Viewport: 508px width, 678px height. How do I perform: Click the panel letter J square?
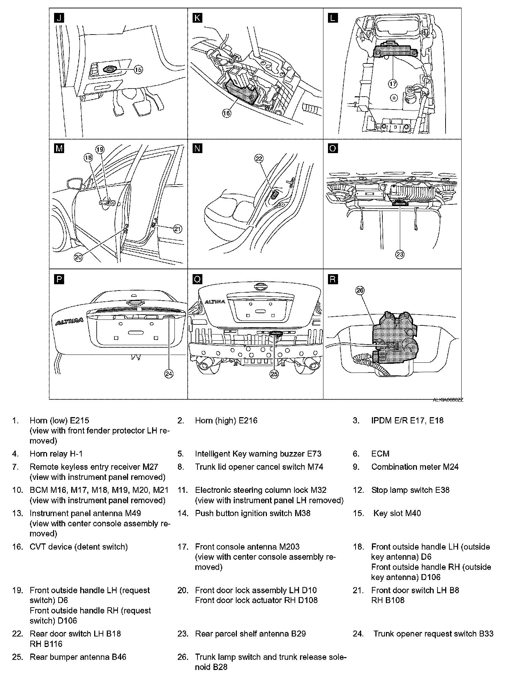click(59, 18)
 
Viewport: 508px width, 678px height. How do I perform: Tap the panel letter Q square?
click(197, 279)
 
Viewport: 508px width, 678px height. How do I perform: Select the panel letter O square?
click(333, 149)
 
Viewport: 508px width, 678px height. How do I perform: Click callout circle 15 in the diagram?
click(139, 70)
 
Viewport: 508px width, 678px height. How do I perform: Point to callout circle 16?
click(227, 113)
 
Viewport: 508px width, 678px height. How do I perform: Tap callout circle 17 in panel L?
click(393, 84)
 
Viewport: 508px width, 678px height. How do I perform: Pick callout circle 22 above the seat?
click(259, 159)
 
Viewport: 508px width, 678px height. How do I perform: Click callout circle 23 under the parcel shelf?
click(400, 254)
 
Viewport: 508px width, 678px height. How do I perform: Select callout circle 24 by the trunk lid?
click(169, 374)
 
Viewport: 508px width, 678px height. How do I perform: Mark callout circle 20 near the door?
click(78, 257)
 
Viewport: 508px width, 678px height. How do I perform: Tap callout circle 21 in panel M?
click(178, 229)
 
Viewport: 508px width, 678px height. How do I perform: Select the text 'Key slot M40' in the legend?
click(397, 513)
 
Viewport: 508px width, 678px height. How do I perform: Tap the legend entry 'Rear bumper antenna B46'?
click(78, 657)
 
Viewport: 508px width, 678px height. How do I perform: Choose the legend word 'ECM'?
click(380, 454)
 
